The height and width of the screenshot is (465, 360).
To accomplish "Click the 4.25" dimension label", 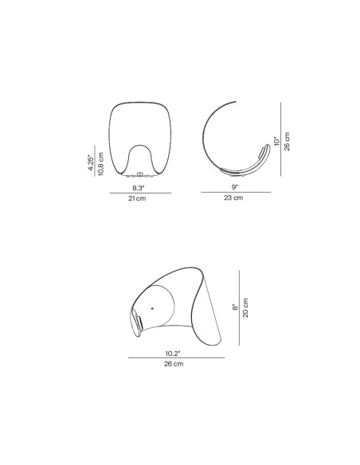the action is point(91,162).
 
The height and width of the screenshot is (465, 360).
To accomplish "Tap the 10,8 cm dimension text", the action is point(101,164).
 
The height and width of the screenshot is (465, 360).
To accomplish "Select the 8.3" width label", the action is point(139,188).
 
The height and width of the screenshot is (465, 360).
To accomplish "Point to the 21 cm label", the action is point(137,198).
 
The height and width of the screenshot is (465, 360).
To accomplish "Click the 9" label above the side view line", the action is point(235,187).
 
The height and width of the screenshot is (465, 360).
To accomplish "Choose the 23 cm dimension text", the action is point(233,197).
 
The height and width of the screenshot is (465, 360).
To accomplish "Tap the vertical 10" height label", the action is point(276,141).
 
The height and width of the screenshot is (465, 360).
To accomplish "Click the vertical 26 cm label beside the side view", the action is point(287,142).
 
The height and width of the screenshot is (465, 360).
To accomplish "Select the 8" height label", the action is point(235,307).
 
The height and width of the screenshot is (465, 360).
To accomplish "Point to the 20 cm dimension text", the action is point(245,308).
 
